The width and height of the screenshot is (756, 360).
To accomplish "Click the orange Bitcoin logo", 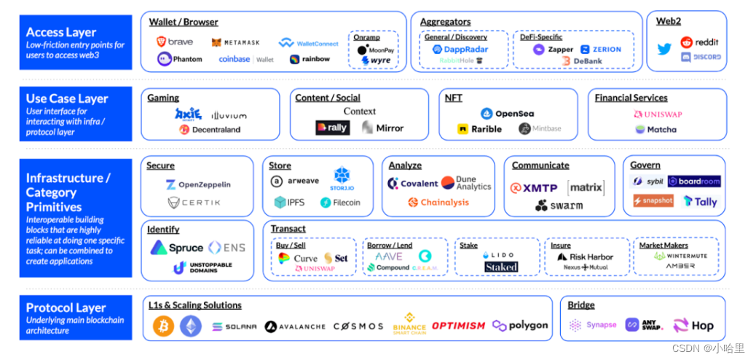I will (163, 326).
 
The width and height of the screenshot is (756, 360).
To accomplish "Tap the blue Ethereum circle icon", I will (191, 326).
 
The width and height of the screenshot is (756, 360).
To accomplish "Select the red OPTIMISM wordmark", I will (458, 326).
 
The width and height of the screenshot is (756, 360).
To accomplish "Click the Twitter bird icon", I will (664, 50).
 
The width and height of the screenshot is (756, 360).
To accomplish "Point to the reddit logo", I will (700, 42).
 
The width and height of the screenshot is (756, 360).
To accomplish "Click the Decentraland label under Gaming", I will (216, 130).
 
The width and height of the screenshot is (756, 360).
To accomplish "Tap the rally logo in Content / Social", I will (332, 128).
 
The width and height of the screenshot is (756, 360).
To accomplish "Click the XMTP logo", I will (535, 187).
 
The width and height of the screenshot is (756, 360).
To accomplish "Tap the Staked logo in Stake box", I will (501, 267).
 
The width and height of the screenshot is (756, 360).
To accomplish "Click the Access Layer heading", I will (61, 32).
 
